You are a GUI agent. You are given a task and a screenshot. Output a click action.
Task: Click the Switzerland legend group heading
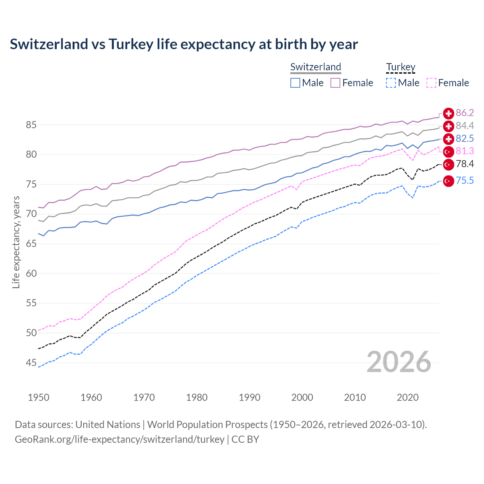click(x=316, y=67)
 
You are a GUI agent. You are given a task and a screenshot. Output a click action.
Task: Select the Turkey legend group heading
click(x=400, y=67)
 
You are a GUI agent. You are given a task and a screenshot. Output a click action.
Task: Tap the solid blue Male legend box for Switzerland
click(x=295, y=83)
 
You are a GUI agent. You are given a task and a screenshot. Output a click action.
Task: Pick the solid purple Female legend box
click(x=335, y=83)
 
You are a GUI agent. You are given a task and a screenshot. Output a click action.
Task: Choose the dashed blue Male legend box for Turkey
click(x=391, y=83)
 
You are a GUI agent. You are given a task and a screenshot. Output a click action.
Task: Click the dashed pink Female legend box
click(x=431, y=83)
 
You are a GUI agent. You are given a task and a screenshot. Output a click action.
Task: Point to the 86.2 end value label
click(x=465, y=113)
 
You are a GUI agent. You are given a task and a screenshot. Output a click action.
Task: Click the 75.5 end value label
click(x=465, y=181)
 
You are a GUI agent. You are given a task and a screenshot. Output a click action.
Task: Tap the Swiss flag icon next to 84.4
click(x=448, y=126)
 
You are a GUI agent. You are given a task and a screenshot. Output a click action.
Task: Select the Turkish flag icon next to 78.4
click(x=448, y=164)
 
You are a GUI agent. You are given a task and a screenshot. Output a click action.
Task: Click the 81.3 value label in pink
click(x=465, y=151)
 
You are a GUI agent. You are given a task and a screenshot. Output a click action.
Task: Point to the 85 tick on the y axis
click(x=31, y=125)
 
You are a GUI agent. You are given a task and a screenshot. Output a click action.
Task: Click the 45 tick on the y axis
click(x=31, y=363)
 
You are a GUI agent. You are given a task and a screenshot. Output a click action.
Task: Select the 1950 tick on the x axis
click(x=39, y=397)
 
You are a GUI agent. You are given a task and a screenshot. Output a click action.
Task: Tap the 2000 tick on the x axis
click(x=302, y=397)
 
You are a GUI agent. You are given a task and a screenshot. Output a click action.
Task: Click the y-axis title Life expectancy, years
click(x=16, y=242)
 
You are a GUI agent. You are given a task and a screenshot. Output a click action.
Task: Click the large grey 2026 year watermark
click(x=399, y=362)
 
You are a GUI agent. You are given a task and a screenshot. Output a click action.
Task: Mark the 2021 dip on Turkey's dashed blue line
click(x=413, y=198)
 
